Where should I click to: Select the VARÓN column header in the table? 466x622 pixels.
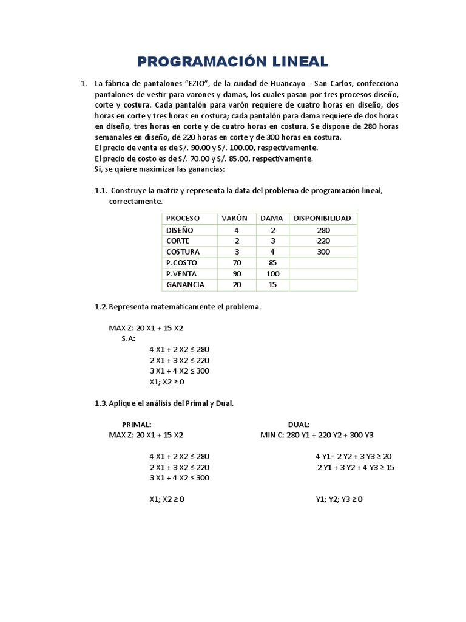[x=234, y=218]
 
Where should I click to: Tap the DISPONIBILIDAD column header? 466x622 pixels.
[x=322, y=218]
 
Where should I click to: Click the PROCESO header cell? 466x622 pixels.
[x=183, y=218]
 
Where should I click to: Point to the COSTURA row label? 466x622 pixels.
[x=183, y=251]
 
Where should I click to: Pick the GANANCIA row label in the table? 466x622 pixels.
[x=185, y=284]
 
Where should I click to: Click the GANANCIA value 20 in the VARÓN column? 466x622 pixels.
[x=237, y=284]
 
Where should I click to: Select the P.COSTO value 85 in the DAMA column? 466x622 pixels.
[x=272, y=262]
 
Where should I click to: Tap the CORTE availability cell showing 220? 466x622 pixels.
[x=323, y=241]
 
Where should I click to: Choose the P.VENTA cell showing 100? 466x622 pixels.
[x=272, y=273]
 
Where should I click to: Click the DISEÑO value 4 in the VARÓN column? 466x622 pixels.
[x=237, y=230]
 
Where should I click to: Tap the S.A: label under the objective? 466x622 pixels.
[x=129, y=338]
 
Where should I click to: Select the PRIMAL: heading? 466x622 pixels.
[x=137, y=425]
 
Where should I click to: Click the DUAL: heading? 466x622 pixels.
[x=299, y=425]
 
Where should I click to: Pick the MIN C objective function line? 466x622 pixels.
[x=317, y=435]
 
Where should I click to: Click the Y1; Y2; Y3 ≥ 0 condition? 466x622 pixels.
[x=339, y=499]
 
